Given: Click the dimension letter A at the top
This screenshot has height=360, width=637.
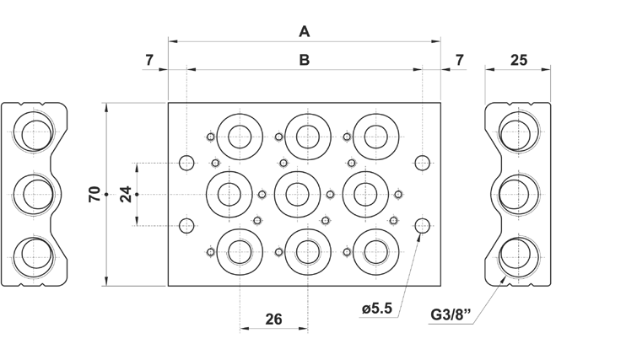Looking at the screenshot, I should [x=305, y=32].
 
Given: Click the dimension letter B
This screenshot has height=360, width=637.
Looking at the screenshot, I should [x=305, y=60].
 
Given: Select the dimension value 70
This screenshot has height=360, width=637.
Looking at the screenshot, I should [x=94, y=195].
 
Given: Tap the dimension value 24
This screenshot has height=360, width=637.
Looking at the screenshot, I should [x=126, y=195].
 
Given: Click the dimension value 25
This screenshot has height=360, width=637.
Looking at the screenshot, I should [x=520, y=60].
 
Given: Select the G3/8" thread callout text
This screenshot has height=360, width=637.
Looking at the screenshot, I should [x=451, y=315].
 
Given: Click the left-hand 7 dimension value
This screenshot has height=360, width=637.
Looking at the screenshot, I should [x=149, y=60].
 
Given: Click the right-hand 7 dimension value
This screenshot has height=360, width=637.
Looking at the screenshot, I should [x=459, y=60].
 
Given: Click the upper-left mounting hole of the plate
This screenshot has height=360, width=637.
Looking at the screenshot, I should [x=187, y=162].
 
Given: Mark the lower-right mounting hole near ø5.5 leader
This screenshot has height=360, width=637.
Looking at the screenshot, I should [x=424, y=224].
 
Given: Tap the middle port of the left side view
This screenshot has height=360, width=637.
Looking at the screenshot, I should [x=35, y=194].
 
